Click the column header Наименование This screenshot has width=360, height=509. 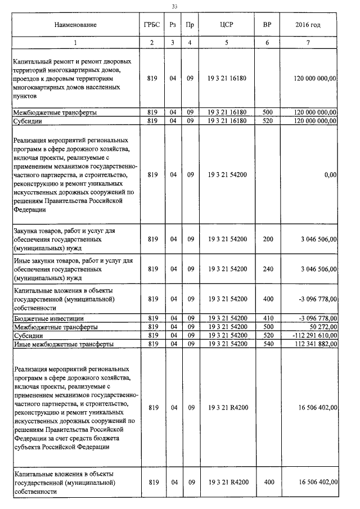pos(75,25)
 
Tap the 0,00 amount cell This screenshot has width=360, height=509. pos(330,175)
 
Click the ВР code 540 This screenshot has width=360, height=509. pos(268,344)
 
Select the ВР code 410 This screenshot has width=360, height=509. pos(268,318)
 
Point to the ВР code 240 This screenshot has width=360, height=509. pos(268,269)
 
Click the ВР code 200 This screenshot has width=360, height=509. pos(268,240)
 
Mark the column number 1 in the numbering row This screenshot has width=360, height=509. pos(75,43)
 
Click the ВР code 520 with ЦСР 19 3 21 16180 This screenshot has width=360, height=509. pos(268,120)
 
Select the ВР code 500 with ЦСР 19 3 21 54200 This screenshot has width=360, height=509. pos(268,327)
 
